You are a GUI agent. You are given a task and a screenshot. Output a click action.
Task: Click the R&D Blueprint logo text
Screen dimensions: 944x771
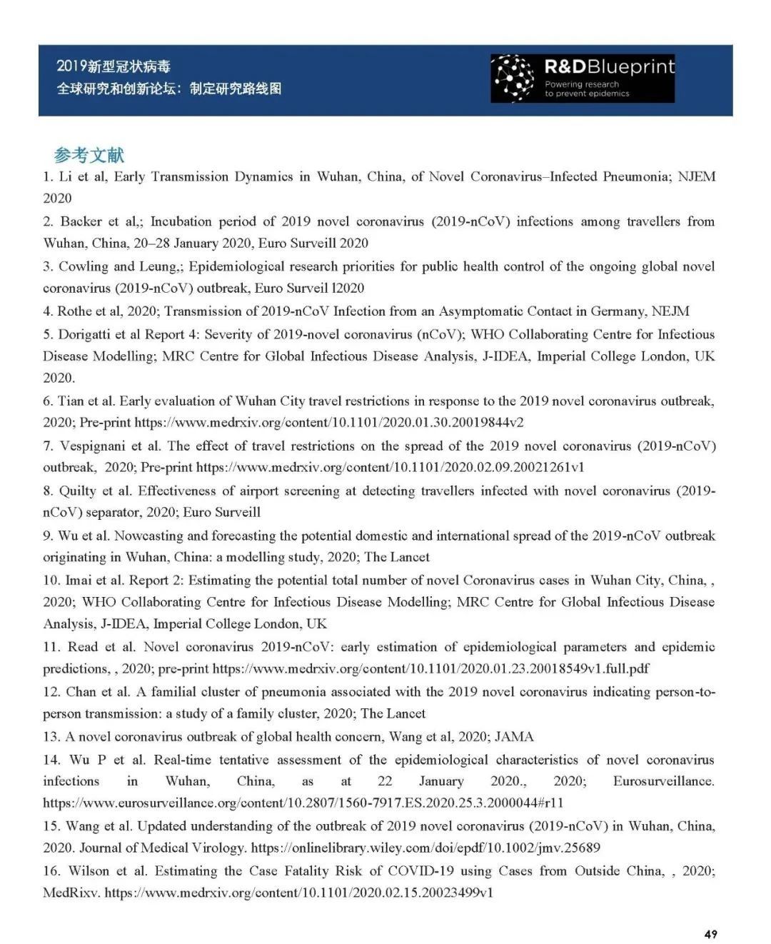pyautogui.click(x=609, y=67)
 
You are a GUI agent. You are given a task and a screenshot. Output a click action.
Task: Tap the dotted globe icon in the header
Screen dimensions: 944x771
pyautogui.click(x=514, y=78)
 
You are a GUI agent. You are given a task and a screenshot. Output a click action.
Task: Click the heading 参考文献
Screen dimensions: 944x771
pyautogui.click(x=89, y=155)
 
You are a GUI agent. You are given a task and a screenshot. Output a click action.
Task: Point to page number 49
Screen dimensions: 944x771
pyautogui.click(x=710, y=933)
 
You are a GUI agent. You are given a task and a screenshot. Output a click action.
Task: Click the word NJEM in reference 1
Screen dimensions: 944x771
pyautogui.click(x=696, y=176)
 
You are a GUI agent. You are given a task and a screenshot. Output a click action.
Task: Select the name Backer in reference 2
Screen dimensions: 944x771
pyautogui.click(x=81, y=221)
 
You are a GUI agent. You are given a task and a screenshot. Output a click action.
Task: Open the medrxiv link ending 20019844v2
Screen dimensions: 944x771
pyautogui.click(x=329, y=422)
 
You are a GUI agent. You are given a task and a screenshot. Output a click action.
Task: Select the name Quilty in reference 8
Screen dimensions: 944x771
pyautogui.click(x=79, y=491)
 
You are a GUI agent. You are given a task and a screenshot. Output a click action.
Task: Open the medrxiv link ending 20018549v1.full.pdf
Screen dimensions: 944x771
pyautogui.click(x=431, y=668)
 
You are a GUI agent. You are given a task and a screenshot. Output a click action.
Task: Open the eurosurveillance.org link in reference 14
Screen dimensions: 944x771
pyautogui.click(x=303, y=803)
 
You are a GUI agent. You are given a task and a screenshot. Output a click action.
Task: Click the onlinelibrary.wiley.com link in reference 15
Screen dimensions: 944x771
pyautogui.click(x=425, y=848)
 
